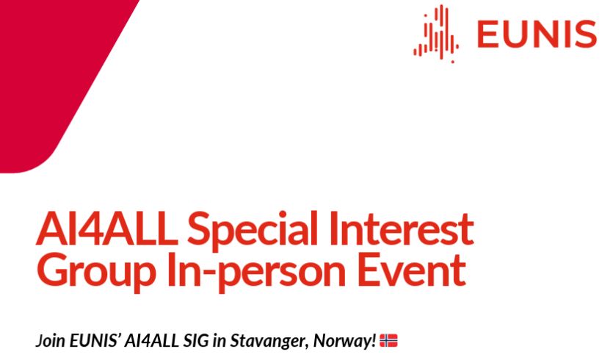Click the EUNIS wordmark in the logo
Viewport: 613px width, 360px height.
[537, 34]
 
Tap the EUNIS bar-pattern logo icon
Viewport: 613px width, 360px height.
[436, 34]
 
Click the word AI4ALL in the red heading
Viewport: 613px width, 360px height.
[106, 228]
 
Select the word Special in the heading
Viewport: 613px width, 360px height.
[253, 231]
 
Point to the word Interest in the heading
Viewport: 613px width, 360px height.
[402, 228]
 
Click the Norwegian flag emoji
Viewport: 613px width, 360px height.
[388, 340]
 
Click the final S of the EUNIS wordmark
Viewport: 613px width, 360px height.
[585, 35]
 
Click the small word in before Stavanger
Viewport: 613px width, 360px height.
[220, 340]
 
